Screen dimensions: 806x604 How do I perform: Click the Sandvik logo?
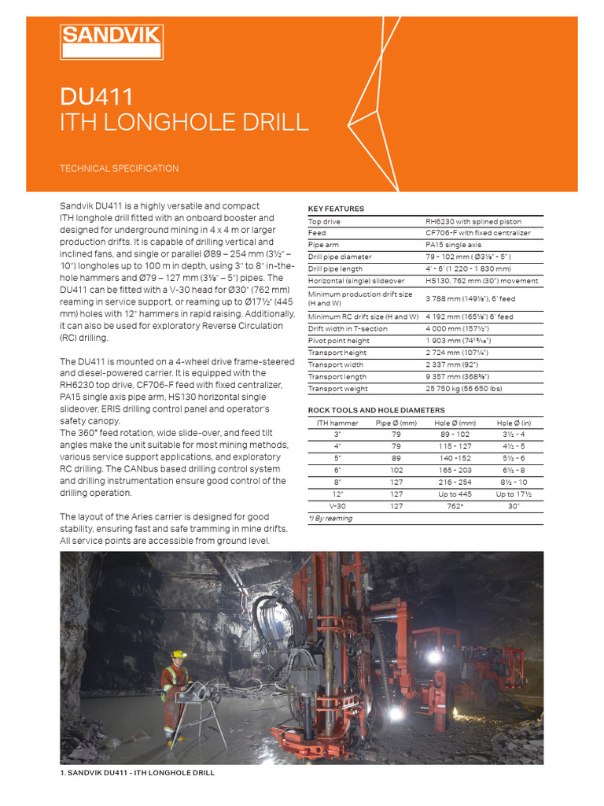pos(112,42)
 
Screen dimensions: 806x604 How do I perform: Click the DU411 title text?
pos(97,97)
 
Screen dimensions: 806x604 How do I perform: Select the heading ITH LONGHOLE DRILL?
pos(184,123)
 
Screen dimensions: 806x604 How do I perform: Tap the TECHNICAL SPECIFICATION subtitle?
pos(120,168)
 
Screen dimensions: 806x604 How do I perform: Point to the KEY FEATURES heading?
pos(336,209)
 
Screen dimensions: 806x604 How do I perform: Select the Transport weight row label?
pos(337,389)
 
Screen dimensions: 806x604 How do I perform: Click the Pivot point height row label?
pos(339,340)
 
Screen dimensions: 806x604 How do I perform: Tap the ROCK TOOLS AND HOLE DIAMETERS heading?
pos(376,410)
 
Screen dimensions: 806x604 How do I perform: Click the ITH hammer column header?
pos(337,423)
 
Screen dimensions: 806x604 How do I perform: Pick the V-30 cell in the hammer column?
pos(337,506)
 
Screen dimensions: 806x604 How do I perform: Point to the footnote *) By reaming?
pos(330,519)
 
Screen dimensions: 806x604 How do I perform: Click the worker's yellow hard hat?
pos(179,654)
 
